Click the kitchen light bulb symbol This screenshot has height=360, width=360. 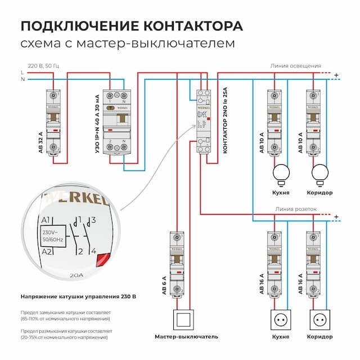tap(280, 172)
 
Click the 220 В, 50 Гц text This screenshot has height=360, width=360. tap(44, 66)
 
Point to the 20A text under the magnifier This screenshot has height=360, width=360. tap(75, 276)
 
